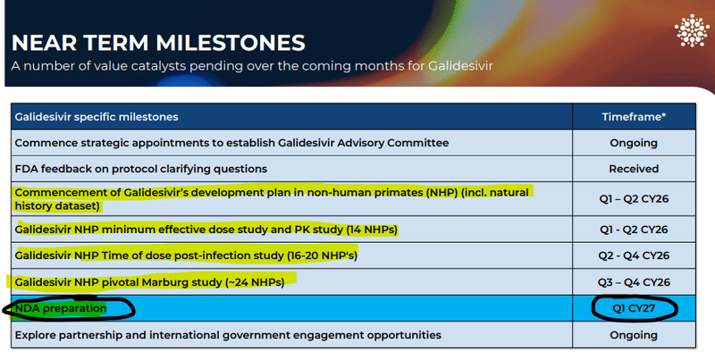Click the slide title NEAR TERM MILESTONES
click(158, 43)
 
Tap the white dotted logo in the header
click(692, 30)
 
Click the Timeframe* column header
click(634, 117)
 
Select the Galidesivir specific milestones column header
click(97, 117)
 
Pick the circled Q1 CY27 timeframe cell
click(634, 308)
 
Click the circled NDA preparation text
click(61, 308)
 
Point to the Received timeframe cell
click(634, 169)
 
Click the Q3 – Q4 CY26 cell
click(634, 282)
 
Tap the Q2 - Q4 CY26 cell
click(634, 255)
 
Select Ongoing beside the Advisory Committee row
click(634, 143)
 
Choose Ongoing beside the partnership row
click(634, 335)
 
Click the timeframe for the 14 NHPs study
click(634, 230)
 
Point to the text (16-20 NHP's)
click(322, 255)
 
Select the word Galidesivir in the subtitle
click(460, 66)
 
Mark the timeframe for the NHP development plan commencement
click(634, 199)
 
